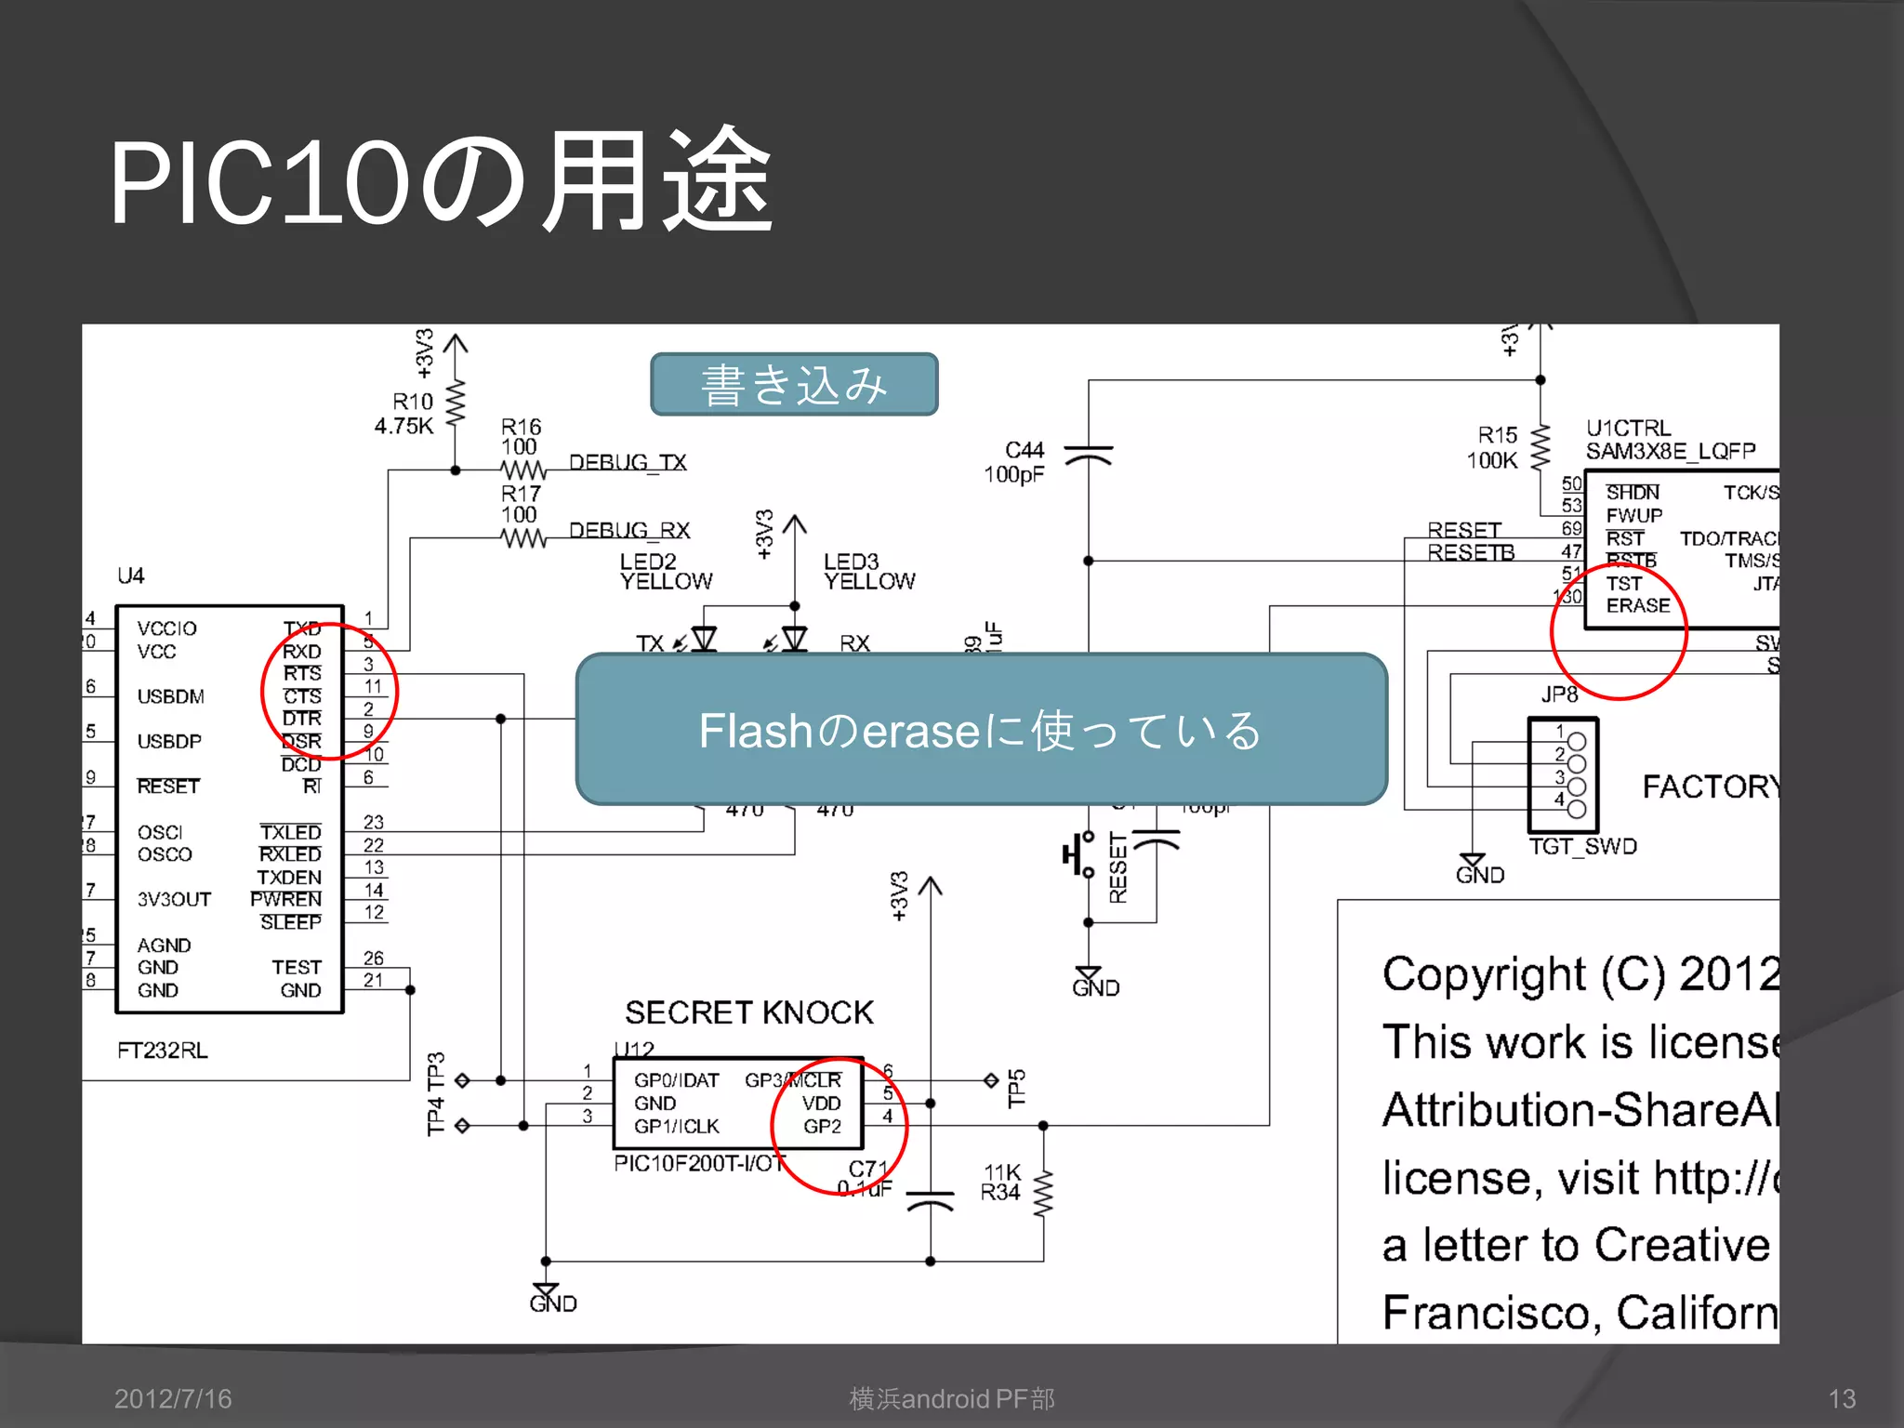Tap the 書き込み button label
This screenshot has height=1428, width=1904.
point(794,384)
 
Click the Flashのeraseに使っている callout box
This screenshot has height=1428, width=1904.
point(981,729)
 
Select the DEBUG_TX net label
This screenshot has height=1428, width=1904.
point(628,462)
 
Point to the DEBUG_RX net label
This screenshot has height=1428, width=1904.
point(629,530)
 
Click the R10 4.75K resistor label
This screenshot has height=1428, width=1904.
point(405,414)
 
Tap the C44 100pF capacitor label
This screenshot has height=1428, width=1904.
point(1015,462)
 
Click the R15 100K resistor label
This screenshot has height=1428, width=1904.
point(1494,447)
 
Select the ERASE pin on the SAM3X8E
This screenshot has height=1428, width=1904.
point(1638,605)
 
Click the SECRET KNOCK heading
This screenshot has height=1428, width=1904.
point(749,1011)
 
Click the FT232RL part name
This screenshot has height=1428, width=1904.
point(163,1050)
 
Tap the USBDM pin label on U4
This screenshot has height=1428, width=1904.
point(171,696)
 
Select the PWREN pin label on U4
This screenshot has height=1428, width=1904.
point(286,899)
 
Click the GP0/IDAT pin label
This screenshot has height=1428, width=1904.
point(677,1080)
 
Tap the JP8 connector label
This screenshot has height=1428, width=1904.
point(1560,694)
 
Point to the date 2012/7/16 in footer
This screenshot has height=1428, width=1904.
point(173,1398)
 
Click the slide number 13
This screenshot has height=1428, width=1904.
point(1842,1398)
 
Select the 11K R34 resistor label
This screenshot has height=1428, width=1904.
point(1001,1183)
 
